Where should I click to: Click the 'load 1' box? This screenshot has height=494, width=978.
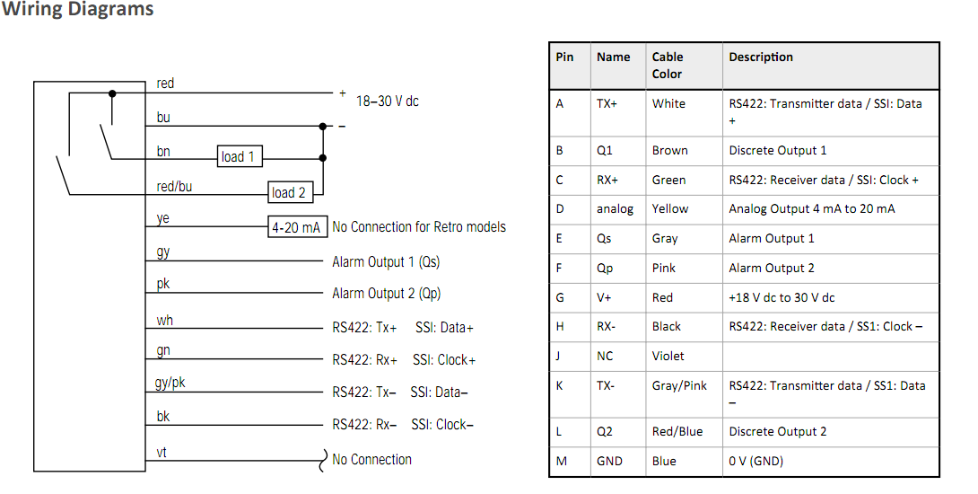coord(240,156)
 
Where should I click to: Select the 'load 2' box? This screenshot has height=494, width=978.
coord(290,192)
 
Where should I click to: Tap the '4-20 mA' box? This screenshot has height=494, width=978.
coord(298,227)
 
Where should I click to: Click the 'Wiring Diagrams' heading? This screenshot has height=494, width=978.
coord(77,9)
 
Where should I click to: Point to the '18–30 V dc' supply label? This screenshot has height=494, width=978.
coord(388,101)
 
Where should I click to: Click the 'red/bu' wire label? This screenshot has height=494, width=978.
coord(174,187)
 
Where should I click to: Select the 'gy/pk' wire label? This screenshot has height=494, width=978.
coord(170,383)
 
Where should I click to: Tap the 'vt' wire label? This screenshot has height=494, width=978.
coord(162,452)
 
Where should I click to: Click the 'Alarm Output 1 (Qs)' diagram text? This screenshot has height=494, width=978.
coord(386,261)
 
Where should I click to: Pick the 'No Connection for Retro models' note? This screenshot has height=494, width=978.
coord(419,226)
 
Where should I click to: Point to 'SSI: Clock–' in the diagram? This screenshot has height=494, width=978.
coord(442,425)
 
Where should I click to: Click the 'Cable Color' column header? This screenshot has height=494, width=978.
coord(668,65)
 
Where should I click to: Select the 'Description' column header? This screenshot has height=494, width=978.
coord(761,57)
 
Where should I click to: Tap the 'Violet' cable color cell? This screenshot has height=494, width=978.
coord(668,356)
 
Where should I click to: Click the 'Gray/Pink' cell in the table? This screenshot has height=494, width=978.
coord(679,386)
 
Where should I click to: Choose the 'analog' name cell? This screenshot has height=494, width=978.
coord(615,209)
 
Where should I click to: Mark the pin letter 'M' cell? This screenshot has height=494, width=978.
coord(562,461)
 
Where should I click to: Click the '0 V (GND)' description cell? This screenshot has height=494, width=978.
coord(756,462)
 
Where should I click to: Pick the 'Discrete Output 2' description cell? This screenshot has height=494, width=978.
coord(778,431)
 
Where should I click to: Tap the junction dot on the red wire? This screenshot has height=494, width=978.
coord(112,93)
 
